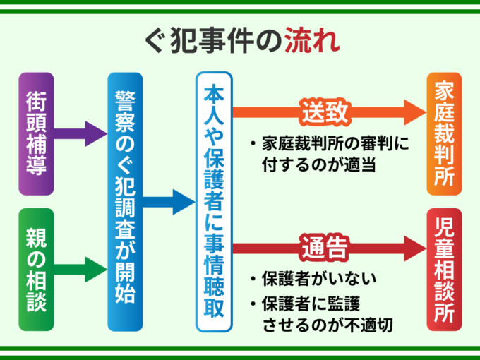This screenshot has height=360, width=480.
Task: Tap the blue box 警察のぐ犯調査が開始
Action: point(126,201)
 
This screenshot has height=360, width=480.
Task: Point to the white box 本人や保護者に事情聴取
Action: point(214,201)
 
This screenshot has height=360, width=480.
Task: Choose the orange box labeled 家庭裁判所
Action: point(445,133)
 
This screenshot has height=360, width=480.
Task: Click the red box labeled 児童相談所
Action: point(445,269)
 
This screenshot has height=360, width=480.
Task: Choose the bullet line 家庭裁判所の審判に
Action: point(328,143)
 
